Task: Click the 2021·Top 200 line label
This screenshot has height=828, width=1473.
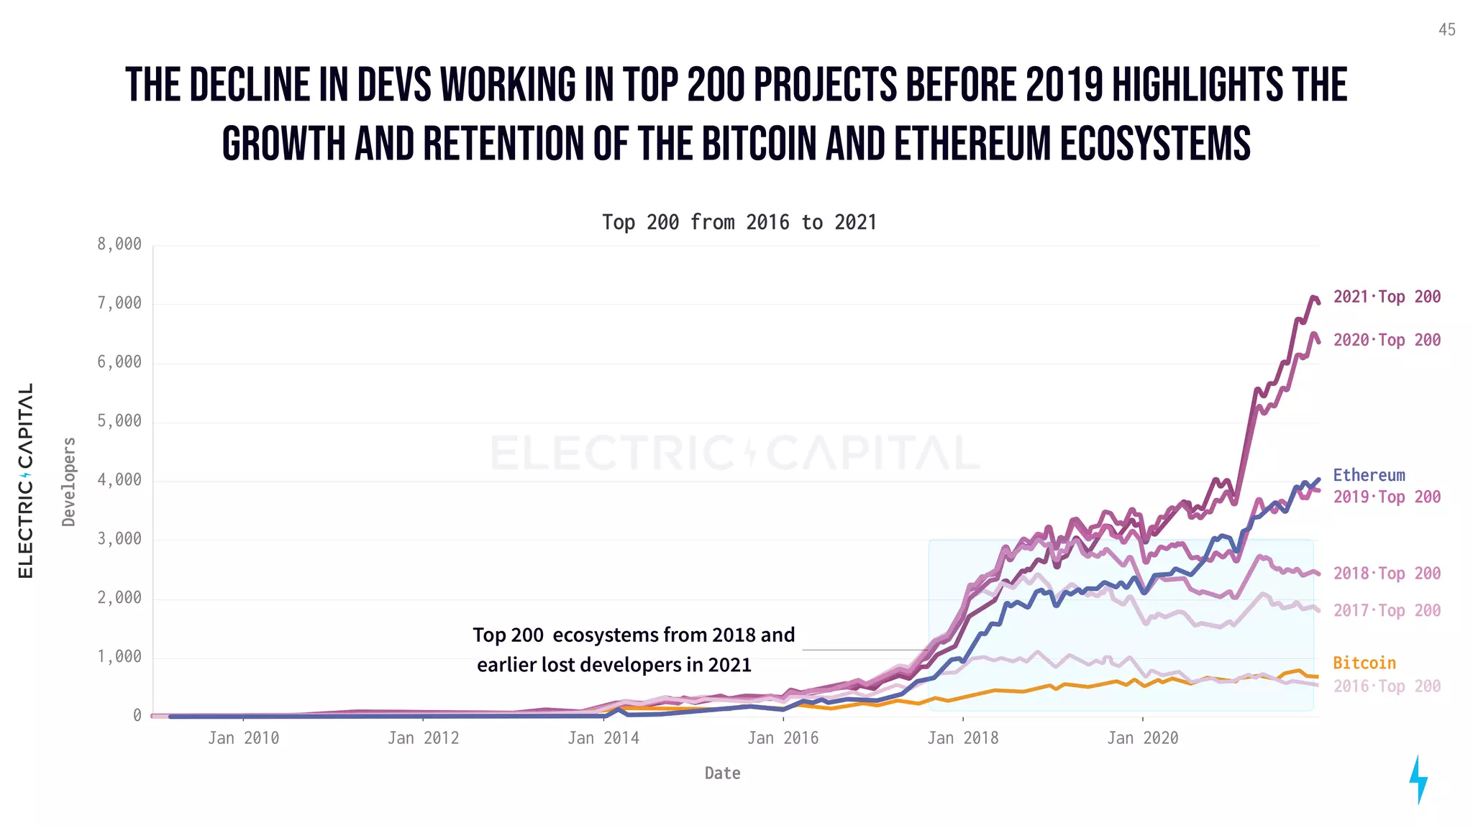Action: point(1387,297)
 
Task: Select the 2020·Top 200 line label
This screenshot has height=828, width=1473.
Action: point(1387,340)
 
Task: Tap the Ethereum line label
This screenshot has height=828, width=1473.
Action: point(1369,475)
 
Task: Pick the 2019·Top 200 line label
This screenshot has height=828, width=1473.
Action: point(1387,497)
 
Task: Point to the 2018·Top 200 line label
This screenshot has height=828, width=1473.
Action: point(1387,574)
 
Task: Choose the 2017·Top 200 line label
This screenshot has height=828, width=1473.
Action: point(1387,610)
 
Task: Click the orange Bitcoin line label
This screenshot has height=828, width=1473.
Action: point(1364,663)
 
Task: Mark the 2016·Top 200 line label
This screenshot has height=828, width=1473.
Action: point(1387,686)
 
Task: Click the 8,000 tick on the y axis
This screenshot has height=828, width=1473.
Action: point(119,244)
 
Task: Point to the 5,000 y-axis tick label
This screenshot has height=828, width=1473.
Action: point(119,420)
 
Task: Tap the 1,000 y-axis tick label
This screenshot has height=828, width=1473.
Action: point(119,656)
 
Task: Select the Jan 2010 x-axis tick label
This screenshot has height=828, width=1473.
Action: point(243,738)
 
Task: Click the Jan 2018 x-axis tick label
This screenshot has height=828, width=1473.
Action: point(962,738)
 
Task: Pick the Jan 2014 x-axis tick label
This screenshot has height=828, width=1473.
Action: point(603,738)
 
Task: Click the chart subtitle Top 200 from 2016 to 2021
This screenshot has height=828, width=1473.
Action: point(739,222)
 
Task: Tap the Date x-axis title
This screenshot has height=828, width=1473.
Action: point(722,773)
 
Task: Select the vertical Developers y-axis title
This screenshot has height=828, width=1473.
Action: point(69,482)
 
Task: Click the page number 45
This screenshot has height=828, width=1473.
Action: point(1446,29)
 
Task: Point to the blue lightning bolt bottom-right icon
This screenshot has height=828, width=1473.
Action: point(1418,779)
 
